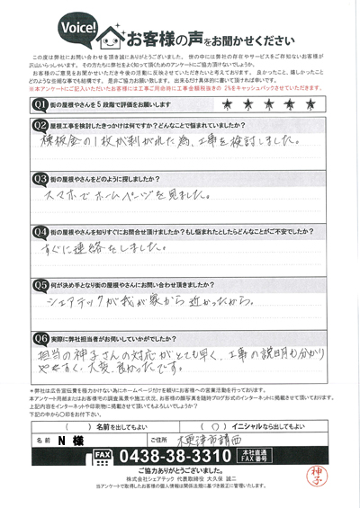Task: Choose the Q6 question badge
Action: [x=41, y=339]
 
